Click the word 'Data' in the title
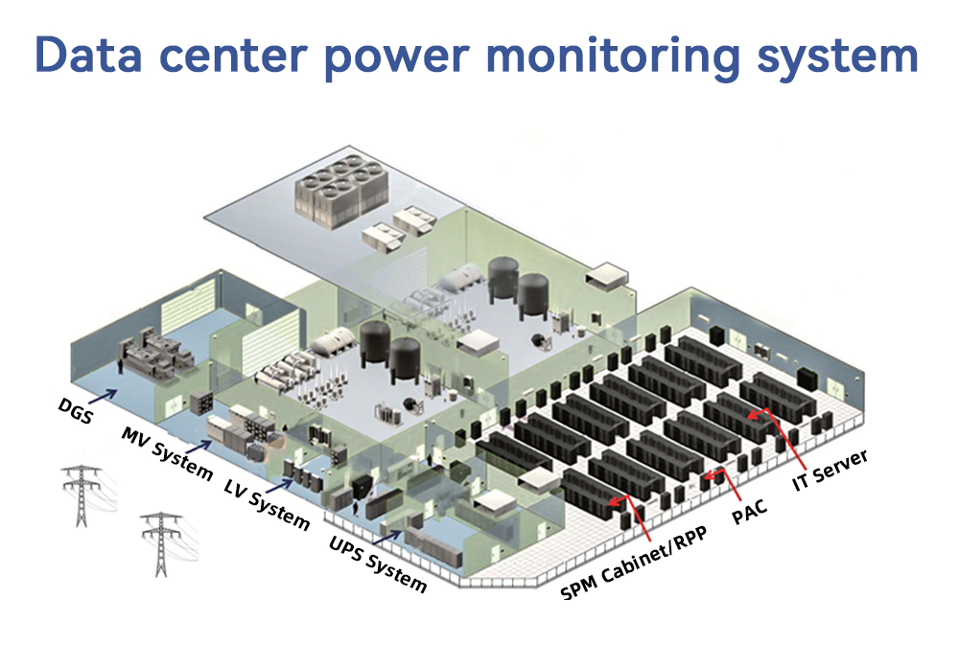pyautogui.click(x=88, y=55)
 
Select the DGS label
pyautogui.click(x=75, y=410)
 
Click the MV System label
pyautogui.click(x=167, y=453)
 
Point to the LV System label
pyautogui.click(x=267, y=504)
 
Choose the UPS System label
pyautogui.click(x=377, y=564)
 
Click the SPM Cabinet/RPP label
pyautogui.click(x=634, y=562)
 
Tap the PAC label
pyautogui.click(x=749, y=512)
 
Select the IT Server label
pyautogui.click(x=830, y=470)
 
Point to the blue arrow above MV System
pyautogui.click(x=199, y=447)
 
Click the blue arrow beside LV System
pyautogui.click(x=279, y=487)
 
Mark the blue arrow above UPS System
pyautogui.click(x=387, y=538)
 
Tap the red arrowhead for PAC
pyautogui.click(x=710, y=475)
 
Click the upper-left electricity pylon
pyautogui.click(x=82, y=495)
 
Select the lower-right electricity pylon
pyautogui.click(x=161, y=544)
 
